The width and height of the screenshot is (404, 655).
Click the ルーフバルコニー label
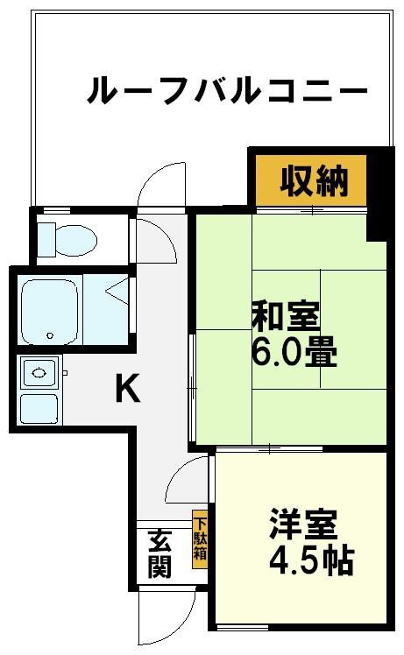point(227,89)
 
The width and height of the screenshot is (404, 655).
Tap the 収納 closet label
point(314,181)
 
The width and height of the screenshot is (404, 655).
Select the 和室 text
point(287,316)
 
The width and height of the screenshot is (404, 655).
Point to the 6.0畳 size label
point(294,351)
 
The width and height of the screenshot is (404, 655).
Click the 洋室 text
point(303,525)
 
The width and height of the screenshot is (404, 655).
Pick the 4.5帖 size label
point(312,560)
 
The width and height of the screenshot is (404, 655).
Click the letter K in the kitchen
point(127,388)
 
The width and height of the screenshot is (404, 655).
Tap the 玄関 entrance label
point(159,553)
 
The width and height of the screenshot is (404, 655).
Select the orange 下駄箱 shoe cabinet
point(200,539)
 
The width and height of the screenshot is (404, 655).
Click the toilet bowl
point(75,240)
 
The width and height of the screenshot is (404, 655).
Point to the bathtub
point(50,311)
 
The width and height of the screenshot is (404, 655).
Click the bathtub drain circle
point(50,335)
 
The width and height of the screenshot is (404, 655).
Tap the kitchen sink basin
point(39,373)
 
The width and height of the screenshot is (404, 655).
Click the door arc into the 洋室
point(178,472)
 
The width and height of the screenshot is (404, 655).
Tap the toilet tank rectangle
point(46,239)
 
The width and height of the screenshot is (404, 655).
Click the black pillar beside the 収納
point(380,195)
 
